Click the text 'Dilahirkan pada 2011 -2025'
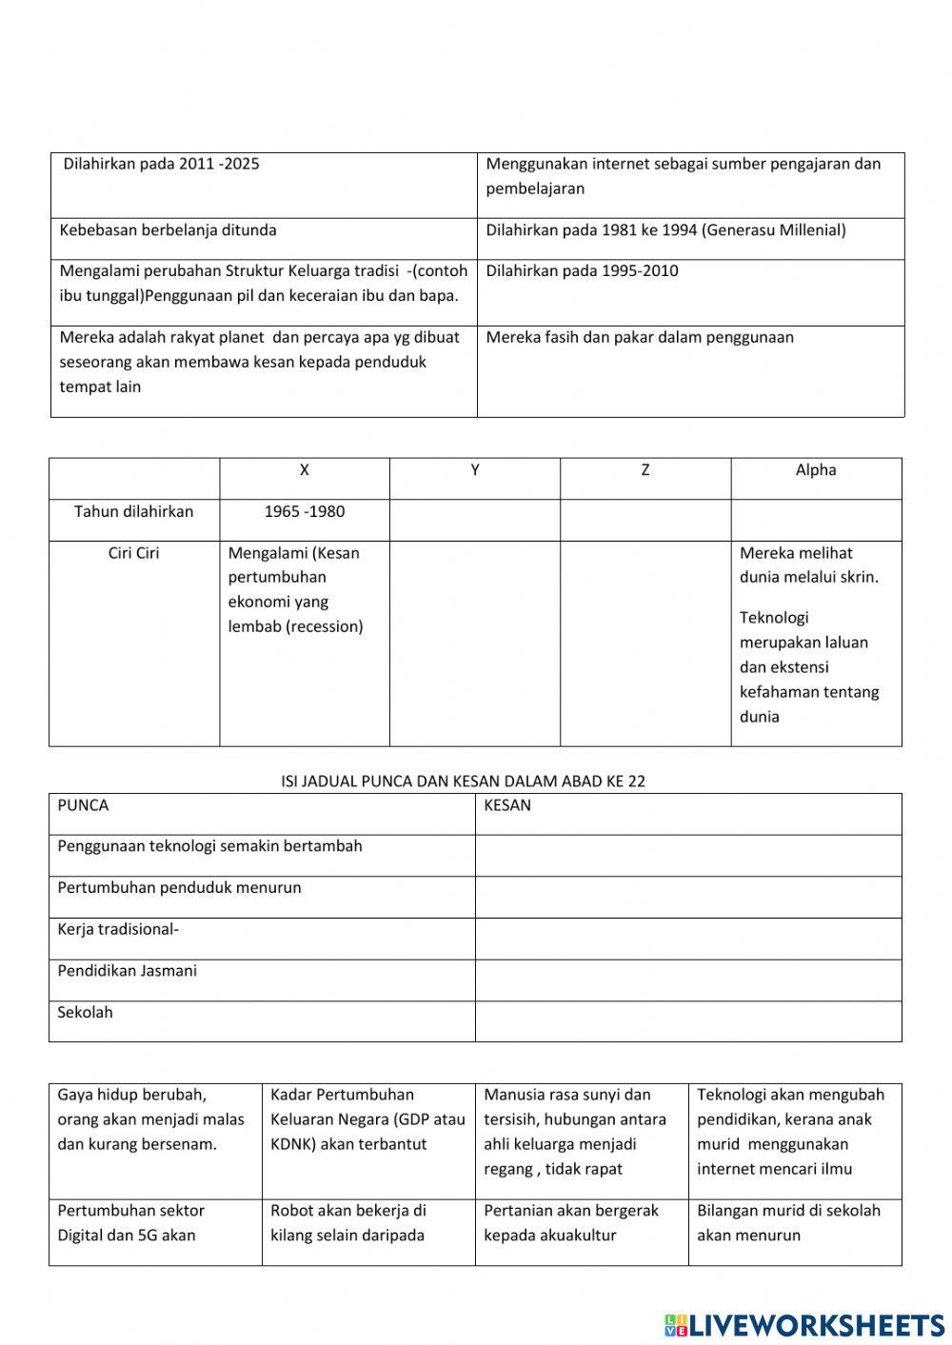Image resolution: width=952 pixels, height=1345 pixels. click(x=161, y=164)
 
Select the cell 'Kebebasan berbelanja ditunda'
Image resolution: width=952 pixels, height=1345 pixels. click(x=168, y=230)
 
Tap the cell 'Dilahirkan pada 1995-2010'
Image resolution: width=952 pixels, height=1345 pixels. click(x=582, y=271)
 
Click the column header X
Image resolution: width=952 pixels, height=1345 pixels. click(x=305, y=470)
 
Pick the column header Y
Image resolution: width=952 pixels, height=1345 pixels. click(x=474, y=470)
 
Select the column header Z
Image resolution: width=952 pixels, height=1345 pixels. click(x=645, y=470)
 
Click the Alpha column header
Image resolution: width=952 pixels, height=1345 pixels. click(x=816, y=470)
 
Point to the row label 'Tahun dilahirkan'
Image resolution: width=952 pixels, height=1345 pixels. click(x=133, y=512)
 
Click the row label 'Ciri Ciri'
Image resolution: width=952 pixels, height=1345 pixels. click(x=133, y=553)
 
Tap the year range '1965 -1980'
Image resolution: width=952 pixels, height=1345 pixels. click(x=305, y=512)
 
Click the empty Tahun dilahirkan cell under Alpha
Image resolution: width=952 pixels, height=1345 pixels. click(x=816, y=520)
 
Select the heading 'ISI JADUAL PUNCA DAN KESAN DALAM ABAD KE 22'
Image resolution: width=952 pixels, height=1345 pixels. click(x=463, y=781)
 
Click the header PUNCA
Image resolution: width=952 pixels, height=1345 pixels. click(x=83, y=805)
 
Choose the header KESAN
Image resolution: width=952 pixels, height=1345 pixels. click(x=507, y=805)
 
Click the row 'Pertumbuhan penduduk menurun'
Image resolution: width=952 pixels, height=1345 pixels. click(x=179, y=888)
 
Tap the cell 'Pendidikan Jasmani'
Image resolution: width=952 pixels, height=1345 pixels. click(x=127, y=971)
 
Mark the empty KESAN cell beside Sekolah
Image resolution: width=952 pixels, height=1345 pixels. click(x=688, y=1020)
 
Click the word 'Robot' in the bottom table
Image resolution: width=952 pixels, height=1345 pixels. click(x=291, y=1211)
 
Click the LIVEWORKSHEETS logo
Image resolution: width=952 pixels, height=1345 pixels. click(x=804, y=1325)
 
